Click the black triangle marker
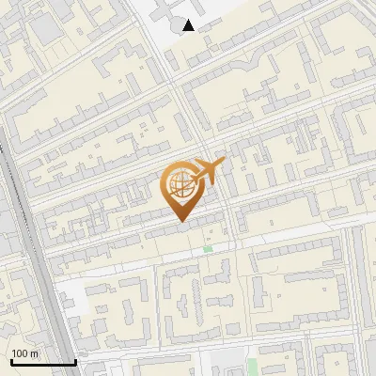click(x=189, y=25)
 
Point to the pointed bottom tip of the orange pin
click(x=180, y=221)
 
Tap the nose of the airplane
click(x=224, y=163)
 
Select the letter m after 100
click(x=34, y=353)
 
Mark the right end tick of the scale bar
click(x=75, y=361)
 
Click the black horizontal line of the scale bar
click(x=42, y=363)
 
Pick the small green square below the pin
click(x=208, y=249)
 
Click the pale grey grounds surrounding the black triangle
click(x=211, y=14)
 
